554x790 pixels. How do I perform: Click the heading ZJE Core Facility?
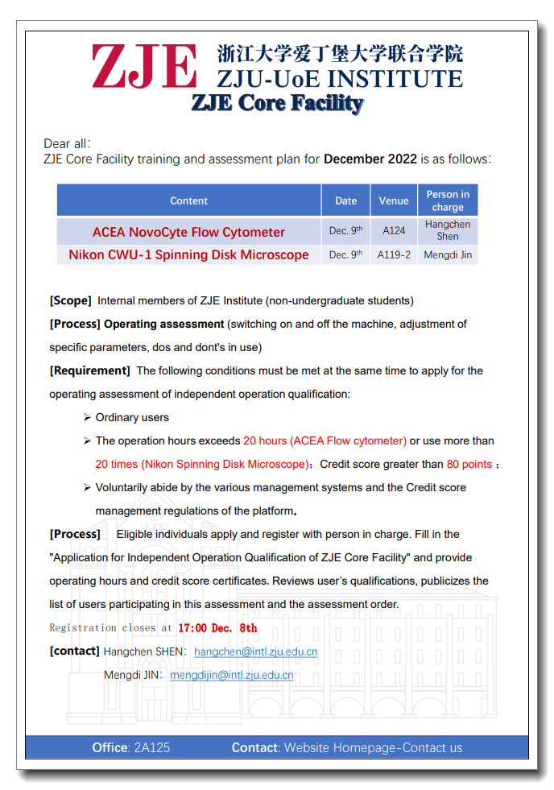(277, 103)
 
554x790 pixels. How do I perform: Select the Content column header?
(188, 201)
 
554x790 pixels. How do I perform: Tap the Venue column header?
(394, 201)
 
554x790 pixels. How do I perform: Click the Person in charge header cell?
(448, 201)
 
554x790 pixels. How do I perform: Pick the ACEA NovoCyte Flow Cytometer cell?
(188, 232)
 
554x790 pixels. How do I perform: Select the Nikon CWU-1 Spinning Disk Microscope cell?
(188, 254)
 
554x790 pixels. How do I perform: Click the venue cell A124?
(394, 231)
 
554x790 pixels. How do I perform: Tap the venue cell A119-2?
(394, 255)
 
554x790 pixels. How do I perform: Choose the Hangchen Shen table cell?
(448, 230)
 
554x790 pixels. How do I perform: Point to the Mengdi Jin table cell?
(448, 255)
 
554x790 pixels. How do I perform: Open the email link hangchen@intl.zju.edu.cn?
(255, 651)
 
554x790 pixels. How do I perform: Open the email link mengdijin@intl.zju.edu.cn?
(231, 675)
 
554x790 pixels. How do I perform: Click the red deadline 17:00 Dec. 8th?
(217, 628)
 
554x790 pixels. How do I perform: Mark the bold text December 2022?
(370, 159)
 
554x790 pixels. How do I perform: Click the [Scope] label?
(70, 300)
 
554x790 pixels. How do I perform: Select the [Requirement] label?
(89, 370)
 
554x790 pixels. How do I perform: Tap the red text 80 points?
(469, 464)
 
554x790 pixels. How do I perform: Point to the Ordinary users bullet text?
(132, 417)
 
